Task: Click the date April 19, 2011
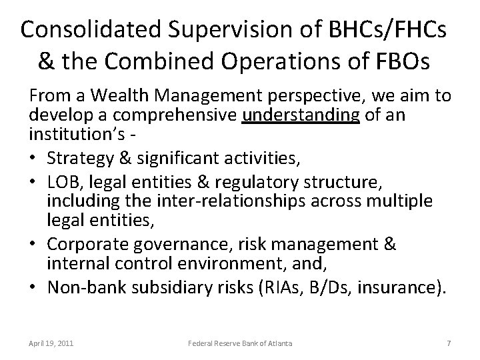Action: click(51, 343)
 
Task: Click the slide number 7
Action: click(449, 343)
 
